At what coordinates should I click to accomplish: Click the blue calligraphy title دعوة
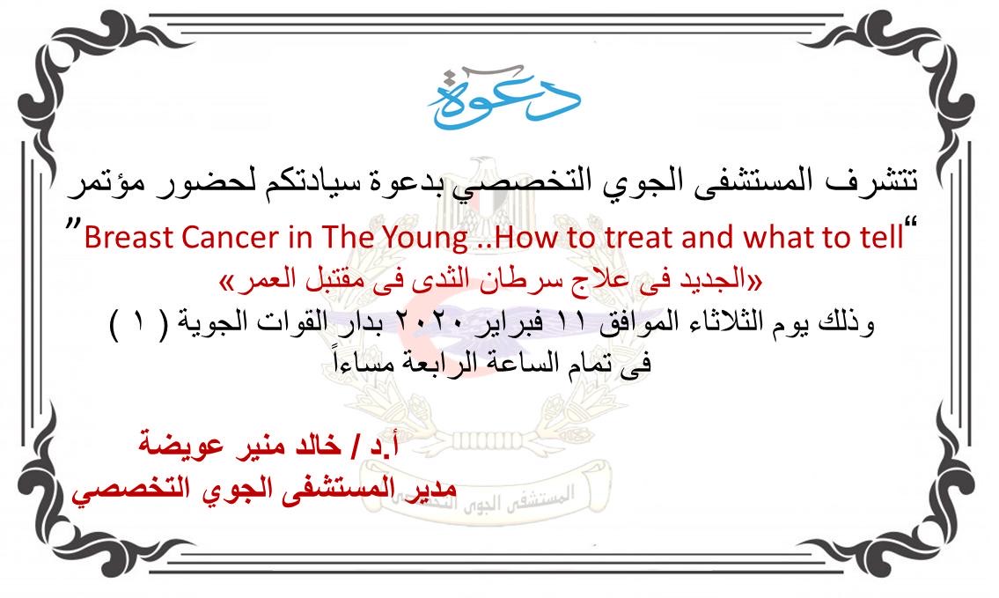[503, 96]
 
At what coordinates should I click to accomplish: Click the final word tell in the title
[883, 238]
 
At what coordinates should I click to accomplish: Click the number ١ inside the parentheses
[138, 322]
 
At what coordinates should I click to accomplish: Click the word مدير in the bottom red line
[428, 489]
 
